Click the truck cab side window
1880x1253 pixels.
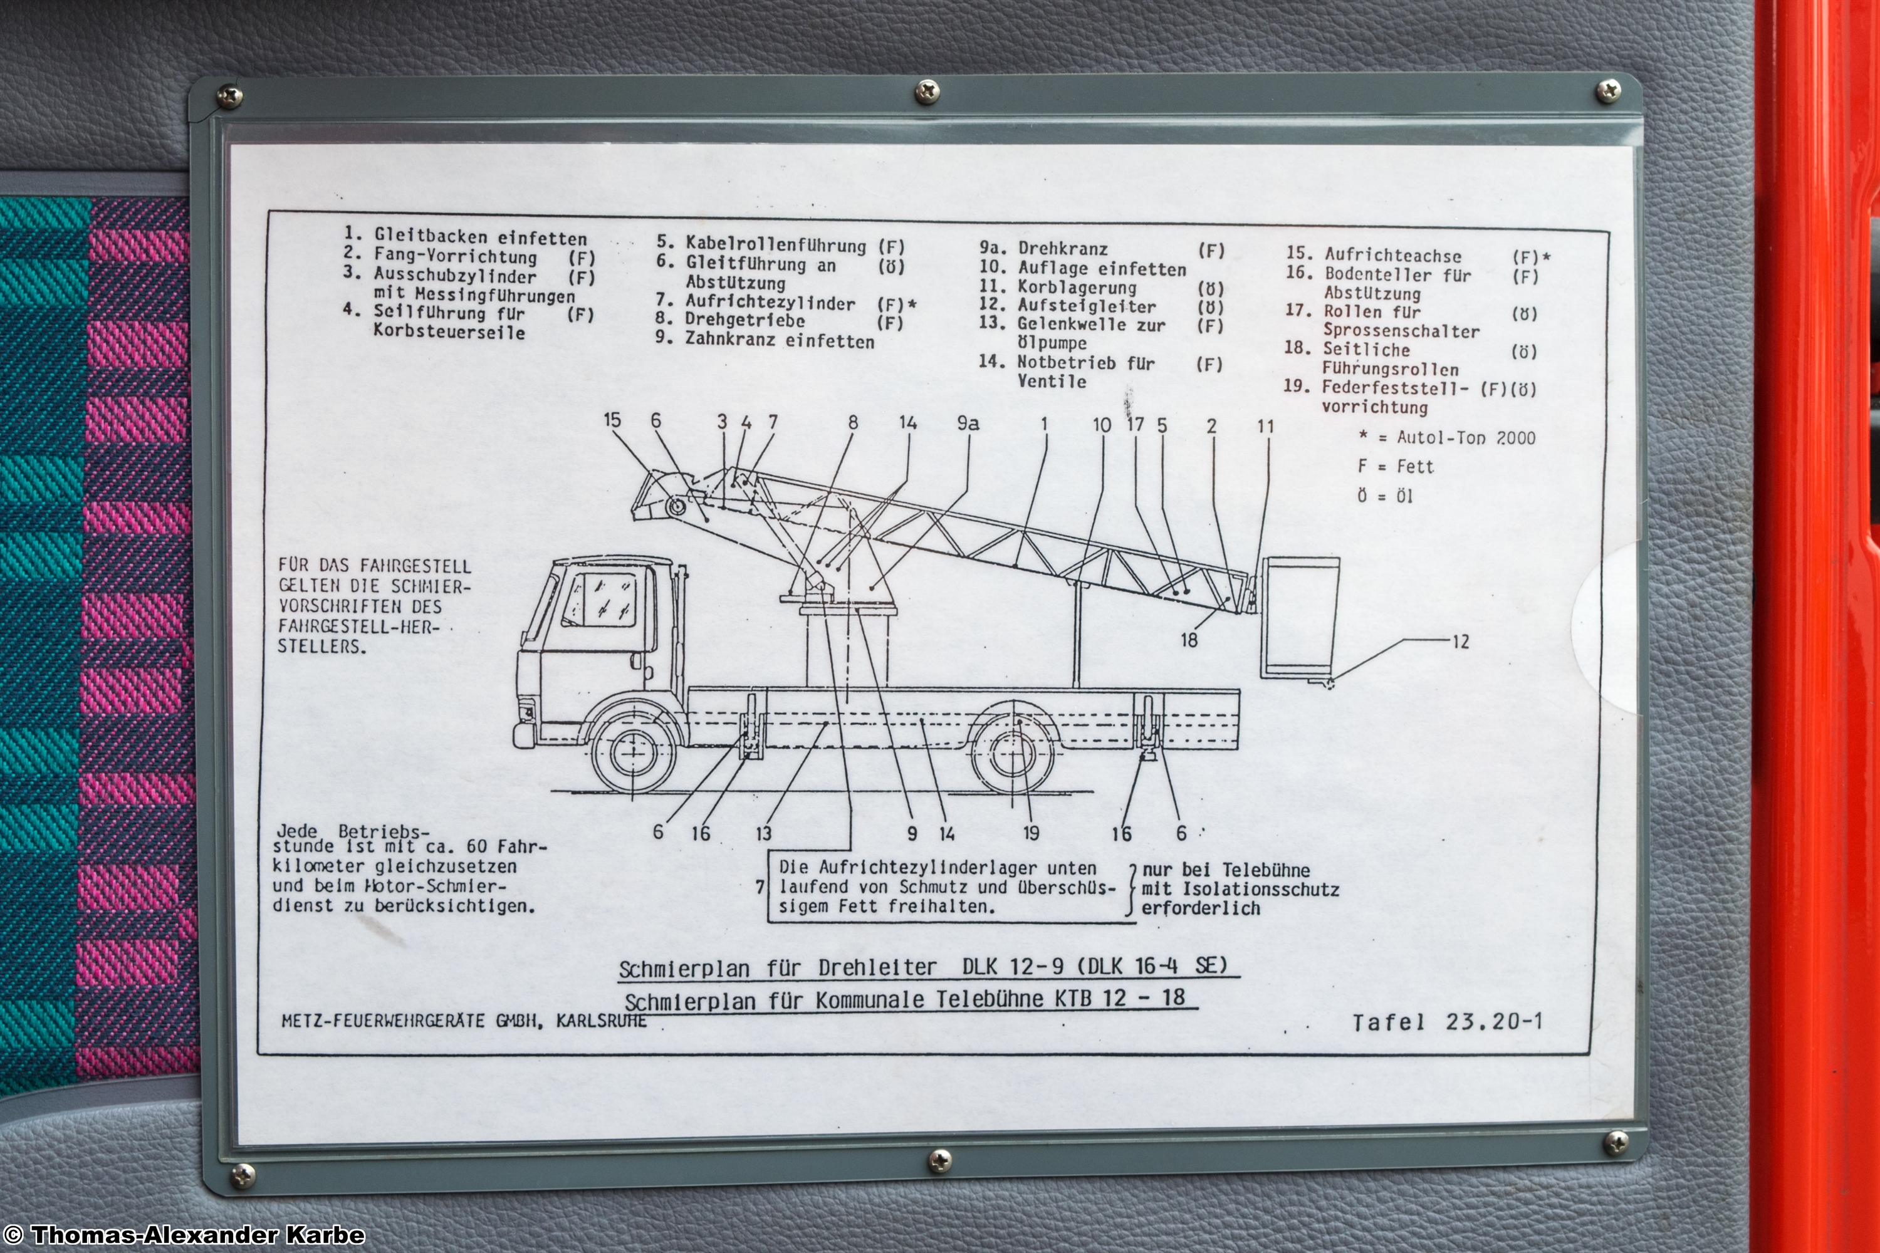600,600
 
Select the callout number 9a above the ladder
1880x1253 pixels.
968,423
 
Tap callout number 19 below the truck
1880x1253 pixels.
1031,833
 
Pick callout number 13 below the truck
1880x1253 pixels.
763,833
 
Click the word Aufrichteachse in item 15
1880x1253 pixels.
1392,256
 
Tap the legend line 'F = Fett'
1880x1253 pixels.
1396,467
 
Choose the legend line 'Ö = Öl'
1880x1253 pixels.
1385,496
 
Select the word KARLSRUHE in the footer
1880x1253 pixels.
601,1021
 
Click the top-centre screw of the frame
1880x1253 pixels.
927,91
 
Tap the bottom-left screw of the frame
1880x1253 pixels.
243,1175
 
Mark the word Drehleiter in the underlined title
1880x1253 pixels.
877,968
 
